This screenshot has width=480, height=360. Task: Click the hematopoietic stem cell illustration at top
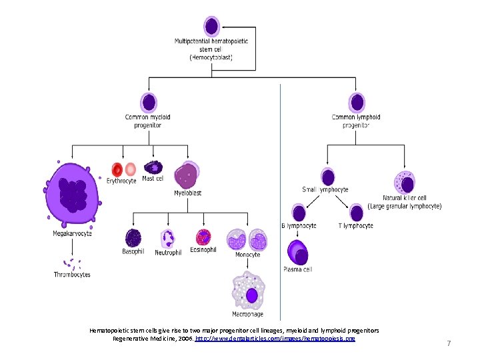[211, 27]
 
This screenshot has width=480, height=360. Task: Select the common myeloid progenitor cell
[149, 103]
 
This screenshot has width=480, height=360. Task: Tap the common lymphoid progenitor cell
[357, 103]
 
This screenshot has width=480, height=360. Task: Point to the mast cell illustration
[153, 167]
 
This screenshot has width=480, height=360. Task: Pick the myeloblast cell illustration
[187, 175]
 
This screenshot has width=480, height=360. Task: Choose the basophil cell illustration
[133, 238]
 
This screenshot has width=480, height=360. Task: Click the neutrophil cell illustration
[168, 239]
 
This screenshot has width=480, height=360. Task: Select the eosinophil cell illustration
[203, 237]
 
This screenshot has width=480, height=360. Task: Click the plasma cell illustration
[297, 253]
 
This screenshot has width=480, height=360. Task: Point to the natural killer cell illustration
[405, 181]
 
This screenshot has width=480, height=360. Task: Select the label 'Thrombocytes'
[72, 275]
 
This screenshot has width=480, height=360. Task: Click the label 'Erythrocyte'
[121, 181]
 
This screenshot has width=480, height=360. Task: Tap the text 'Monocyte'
[247, 255]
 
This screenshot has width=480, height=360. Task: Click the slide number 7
[449, 343]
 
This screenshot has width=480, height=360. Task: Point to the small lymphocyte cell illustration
[327, 177]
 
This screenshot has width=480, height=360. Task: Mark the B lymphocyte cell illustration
[299, 213]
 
